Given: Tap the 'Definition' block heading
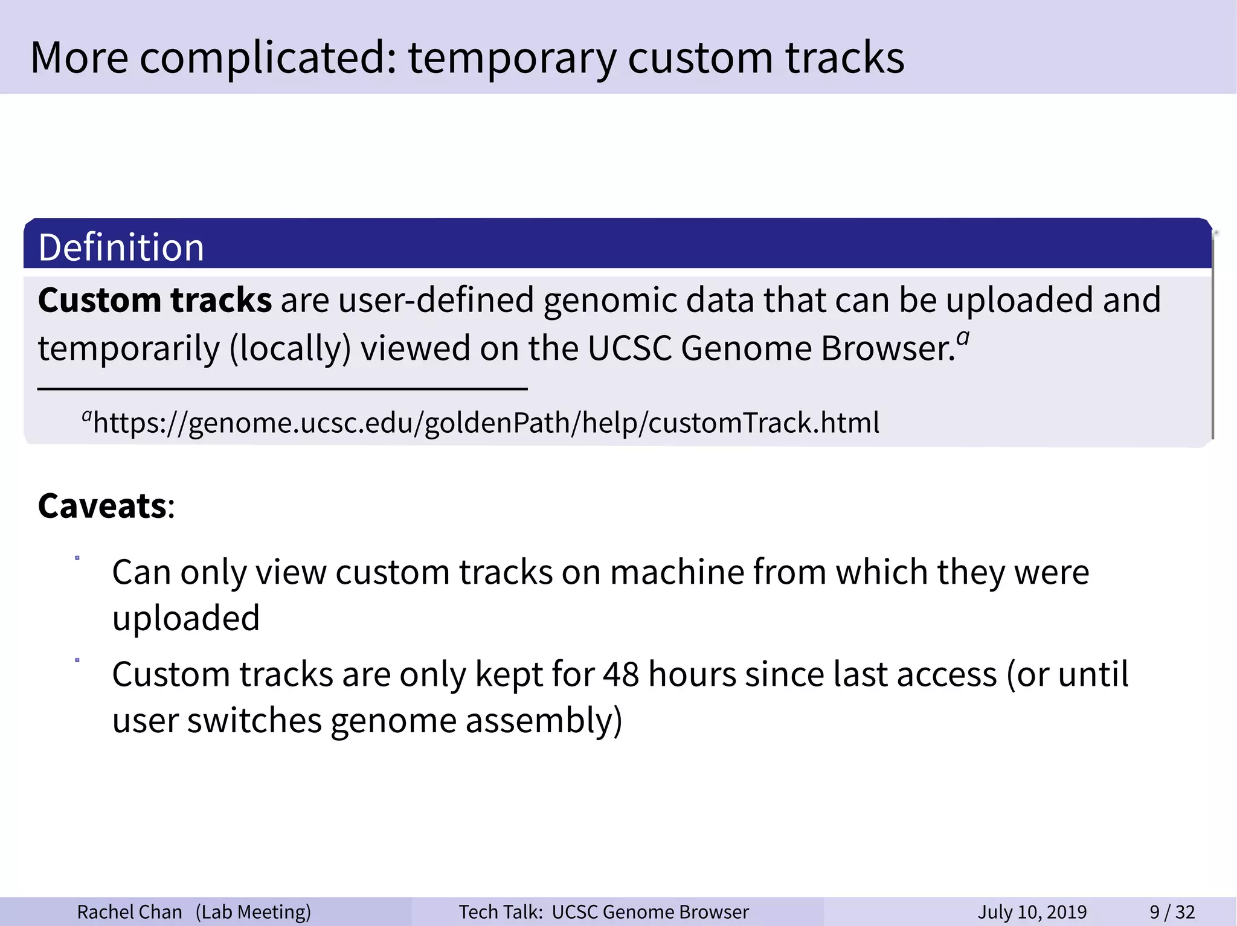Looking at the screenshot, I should pos(121,247).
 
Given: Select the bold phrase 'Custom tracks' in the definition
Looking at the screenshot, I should pos(155,300).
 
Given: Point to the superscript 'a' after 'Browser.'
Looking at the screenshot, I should pos(963,337).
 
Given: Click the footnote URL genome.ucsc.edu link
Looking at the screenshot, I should pos(486,423).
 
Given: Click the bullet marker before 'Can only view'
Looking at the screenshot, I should pos(77,558).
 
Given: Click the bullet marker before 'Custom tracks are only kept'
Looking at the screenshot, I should pos(77,660).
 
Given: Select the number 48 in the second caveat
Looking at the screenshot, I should pos(621,674).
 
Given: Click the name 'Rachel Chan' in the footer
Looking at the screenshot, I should pos(129,912).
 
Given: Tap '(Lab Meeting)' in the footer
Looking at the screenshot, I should pos(253,912).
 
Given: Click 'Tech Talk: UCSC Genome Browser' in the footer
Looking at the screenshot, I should pos(603,912).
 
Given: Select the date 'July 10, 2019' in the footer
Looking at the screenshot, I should pos(1032,912).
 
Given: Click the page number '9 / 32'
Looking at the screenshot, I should pos(1172,912).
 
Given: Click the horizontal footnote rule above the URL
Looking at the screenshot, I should pos(282,389).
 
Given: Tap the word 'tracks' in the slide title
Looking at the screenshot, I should pos(844,58).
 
